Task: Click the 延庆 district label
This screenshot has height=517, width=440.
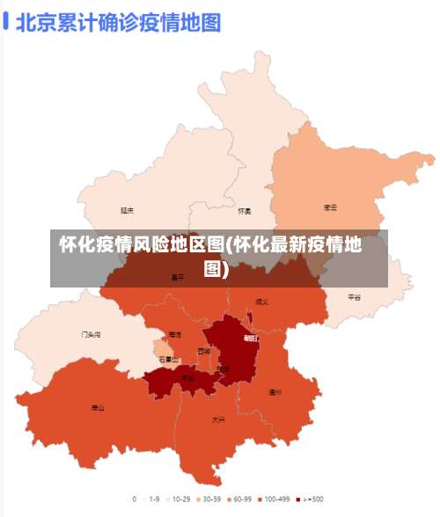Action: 128,210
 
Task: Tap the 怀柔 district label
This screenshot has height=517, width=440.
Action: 245,211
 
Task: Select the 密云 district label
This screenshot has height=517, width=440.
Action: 331,208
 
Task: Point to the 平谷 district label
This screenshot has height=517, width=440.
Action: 354,297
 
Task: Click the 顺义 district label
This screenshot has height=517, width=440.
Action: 261,302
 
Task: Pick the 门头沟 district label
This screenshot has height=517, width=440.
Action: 91,335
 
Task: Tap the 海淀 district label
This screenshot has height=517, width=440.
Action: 174,335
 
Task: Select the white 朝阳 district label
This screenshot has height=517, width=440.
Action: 251,338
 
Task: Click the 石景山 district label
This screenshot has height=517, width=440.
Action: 168,360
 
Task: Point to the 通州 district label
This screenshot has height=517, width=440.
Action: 275,392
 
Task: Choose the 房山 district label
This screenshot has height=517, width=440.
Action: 98,408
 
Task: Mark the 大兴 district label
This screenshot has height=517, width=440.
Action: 218,420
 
